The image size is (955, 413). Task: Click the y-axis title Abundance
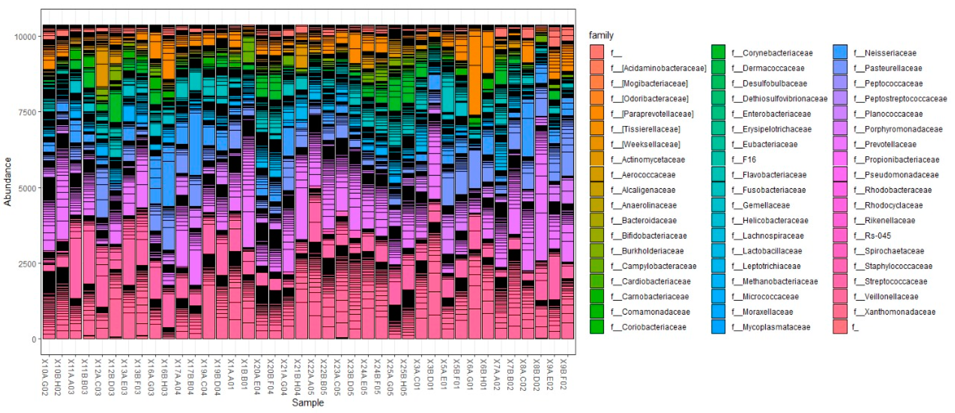(x=7, y=182)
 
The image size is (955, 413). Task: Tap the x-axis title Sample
(x=308, y=402)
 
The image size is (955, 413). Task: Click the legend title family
(x=601, y=35)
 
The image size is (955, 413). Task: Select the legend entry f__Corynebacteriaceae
(x=772, y=53)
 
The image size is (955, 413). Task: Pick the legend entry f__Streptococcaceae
(x=896, y=281)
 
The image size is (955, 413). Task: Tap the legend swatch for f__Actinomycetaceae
(x=596, y=160)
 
